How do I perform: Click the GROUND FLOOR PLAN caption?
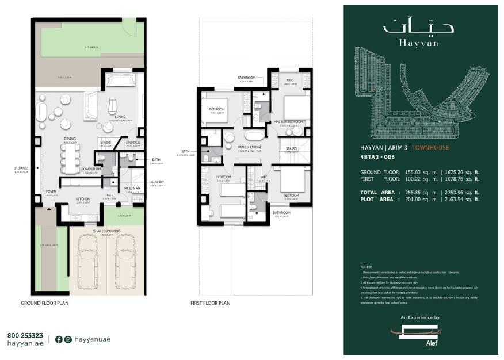coord(45,302)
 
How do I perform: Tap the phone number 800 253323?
coord(25,335)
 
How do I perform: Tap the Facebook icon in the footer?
coord(58,339)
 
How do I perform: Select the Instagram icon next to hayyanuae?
coord(68,339)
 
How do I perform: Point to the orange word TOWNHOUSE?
coord(431,148)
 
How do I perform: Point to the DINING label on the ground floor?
coord(70,139)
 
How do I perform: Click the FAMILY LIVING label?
coord(247,147)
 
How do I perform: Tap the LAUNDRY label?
coord(156,182)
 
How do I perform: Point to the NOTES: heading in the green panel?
coord(366,267)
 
